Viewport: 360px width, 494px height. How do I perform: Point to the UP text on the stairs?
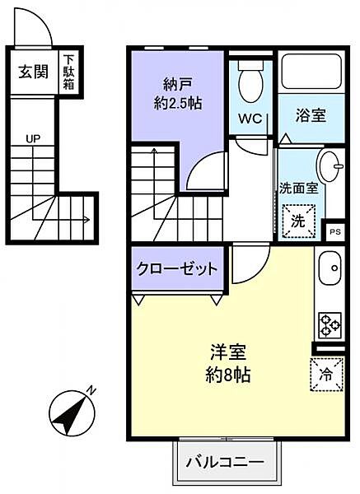coord(33,137)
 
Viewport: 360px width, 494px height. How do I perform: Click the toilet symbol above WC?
coord(250,82)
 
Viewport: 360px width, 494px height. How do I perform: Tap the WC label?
coord(250,119)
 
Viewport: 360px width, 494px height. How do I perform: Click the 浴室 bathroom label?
coord(311,117)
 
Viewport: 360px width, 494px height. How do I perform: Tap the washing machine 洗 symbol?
coord(299,221)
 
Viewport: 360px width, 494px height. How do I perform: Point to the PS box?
coord(334,231)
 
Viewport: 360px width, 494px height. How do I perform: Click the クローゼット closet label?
coord(177,268)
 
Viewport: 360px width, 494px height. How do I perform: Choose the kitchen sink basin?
coord(331,268)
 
